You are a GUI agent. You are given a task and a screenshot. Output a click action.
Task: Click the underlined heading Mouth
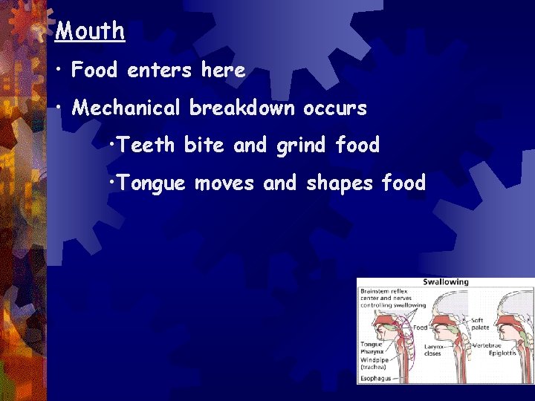pos(90,31)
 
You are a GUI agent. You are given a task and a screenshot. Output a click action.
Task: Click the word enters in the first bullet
pos(159,71)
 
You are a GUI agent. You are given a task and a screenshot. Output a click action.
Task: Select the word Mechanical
pos(126,108)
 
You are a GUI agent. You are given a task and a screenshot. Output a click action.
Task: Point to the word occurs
pos(335,108)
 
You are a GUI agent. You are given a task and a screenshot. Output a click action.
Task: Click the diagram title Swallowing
pos(446,282)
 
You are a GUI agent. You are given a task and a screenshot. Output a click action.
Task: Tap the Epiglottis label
pos(508,353)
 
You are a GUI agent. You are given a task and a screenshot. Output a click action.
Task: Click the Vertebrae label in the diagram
pos(506,345)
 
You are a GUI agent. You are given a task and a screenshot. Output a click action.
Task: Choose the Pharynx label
pos(372,352)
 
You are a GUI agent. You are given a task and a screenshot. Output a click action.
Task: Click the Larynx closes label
pos(434,349)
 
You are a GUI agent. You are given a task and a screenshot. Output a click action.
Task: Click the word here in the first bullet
pos(223,71)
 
